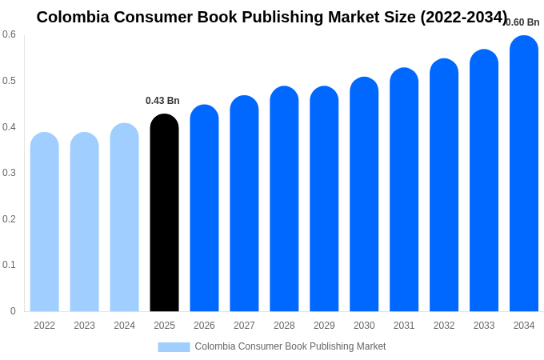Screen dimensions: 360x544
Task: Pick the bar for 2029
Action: pos(324,199)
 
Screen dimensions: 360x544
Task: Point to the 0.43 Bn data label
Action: pos(162,101)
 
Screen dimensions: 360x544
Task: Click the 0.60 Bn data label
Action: pos(522,22)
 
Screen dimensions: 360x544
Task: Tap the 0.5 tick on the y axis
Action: pos(9,81)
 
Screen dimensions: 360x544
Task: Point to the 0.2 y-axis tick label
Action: pos(9,219)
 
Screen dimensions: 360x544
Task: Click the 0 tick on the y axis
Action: pos(13,311)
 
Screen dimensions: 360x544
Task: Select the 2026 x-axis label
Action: pos(204,326)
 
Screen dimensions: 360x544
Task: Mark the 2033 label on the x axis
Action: pos(484,326)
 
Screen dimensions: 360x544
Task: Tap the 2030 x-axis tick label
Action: pos(364,326)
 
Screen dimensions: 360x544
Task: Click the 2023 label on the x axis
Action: pos(84,326)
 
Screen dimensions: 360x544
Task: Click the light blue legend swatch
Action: pos(174,347)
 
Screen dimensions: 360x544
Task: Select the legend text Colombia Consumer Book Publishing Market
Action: pos(290,346)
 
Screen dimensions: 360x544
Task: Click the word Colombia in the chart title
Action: pos(73,17)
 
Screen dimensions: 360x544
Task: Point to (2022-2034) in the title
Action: pos(463,17)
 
